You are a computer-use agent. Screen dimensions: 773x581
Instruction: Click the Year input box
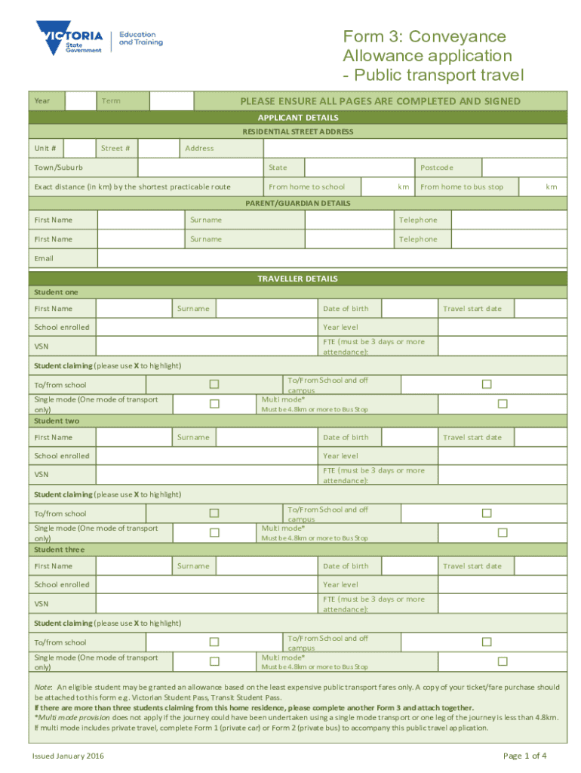pyautogui.click(x=79, y=101)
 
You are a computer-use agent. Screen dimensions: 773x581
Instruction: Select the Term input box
pyautogui.click(x=171, y=101)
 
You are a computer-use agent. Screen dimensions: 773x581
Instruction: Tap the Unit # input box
pyautogui.click(x=80, y=148)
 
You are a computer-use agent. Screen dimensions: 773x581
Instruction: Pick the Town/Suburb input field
pyautogui.click(x=200, y=168)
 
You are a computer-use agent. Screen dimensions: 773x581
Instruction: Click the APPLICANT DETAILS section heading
pyautogui.click(x=297, y=118)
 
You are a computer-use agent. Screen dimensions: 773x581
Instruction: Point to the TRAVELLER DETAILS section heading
pyautogui.click(x=297, y=279)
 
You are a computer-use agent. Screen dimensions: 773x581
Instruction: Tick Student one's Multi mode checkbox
pyautogui.click(x=502, y=404)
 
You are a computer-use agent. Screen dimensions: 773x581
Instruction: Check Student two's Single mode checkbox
pyautogui.click(x=214, y=532)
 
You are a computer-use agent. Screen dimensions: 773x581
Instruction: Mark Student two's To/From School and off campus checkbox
pyautogui.click(x=487, y=513)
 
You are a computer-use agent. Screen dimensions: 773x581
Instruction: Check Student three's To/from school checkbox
pyautogui.click(x=214, y=642)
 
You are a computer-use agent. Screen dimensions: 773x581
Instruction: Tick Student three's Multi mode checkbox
pyautogui.click(x=502, y=661)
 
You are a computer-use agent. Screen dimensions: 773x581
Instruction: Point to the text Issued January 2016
pyautogui.click(x=68, y=756)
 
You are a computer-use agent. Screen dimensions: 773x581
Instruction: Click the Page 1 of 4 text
pyautogui.click(x=524, y=756)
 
